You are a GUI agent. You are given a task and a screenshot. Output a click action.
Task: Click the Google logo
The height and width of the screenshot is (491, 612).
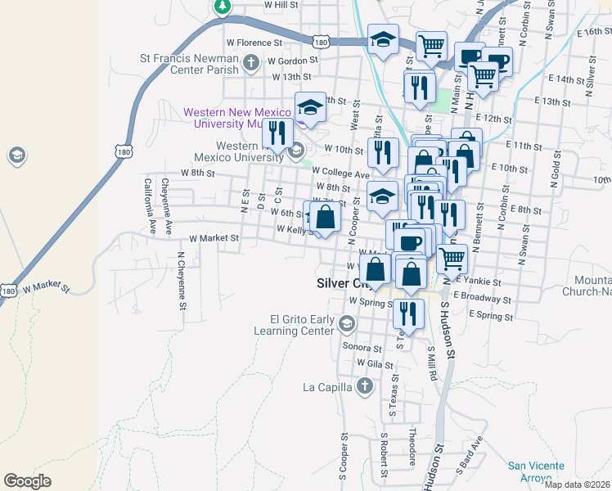[27, 481]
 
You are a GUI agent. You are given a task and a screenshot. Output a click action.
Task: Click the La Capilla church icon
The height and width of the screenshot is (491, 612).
[365, 386]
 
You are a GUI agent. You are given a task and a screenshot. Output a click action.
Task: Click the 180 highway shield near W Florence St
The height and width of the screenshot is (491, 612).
[322, 41]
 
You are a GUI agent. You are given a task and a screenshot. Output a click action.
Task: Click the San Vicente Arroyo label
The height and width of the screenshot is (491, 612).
[535, 471]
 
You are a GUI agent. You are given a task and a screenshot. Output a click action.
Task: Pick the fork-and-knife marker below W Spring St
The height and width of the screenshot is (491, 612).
[408, 313]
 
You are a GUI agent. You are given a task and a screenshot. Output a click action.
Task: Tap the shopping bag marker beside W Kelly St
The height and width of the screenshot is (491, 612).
[325, 217]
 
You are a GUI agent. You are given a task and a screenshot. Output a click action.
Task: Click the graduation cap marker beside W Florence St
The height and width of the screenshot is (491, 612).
[382, 39]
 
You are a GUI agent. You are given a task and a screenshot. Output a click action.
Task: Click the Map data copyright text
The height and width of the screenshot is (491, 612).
[578, 484]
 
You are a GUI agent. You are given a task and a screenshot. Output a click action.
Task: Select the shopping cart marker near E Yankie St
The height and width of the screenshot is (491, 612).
[452, 259]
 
